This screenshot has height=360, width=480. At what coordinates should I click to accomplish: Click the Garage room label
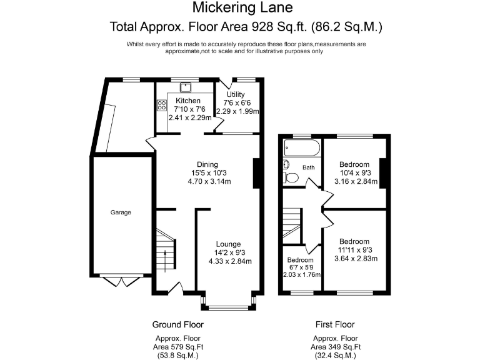(121, 212)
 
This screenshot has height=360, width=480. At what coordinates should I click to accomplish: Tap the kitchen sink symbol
(186, 87)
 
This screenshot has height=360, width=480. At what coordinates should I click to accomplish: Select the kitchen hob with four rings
(162, 105)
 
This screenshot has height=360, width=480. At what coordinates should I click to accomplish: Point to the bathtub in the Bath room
(302, 148)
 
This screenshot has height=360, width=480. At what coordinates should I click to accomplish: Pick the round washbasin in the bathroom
(286, 164)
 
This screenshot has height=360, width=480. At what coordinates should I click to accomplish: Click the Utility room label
(236, 94)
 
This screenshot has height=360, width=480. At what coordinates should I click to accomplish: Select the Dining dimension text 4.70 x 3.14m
(209, 181)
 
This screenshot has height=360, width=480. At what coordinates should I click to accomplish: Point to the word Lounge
(228, 244)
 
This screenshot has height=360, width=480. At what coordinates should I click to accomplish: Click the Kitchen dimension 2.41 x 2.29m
(190, 117)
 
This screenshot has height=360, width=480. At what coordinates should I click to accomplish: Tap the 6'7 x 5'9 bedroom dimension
(301, 267)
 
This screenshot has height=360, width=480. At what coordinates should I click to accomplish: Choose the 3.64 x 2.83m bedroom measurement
(356, 258)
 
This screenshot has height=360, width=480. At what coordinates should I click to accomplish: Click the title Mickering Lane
(242, 7)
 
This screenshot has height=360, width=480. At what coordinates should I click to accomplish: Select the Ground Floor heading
(178, 324)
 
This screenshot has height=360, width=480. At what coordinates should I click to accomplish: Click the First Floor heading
(335, 324)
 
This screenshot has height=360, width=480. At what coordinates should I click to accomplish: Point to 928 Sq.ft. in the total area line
(279, 27)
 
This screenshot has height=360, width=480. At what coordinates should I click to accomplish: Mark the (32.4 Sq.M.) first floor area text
(336, 356)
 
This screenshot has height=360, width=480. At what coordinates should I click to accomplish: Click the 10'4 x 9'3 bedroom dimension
(356, 173)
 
